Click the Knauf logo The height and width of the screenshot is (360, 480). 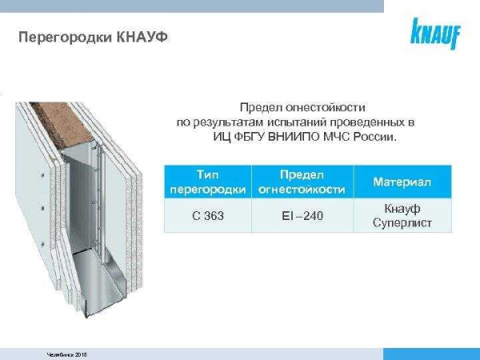tap(435, 34)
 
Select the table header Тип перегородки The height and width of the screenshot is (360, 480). tap(207, 182)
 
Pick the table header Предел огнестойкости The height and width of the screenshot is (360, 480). tap(302, 182)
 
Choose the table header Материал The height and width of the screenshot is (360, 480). tap(402, 182)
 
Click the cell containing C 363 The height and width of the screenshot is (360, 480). tap(207, 216)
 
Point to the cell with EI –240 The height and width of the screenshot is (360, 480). tap(302, 216)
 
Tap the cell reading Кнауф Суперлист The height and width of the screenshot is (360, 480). tap(402, 216)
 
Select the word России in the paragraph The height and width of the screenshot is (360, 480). tap(374, 137)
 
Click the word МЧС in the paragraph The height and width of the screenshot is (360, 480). tap(338, 137)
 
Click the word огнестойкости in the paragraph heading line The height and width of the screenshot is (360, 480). tap(333, 106)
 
